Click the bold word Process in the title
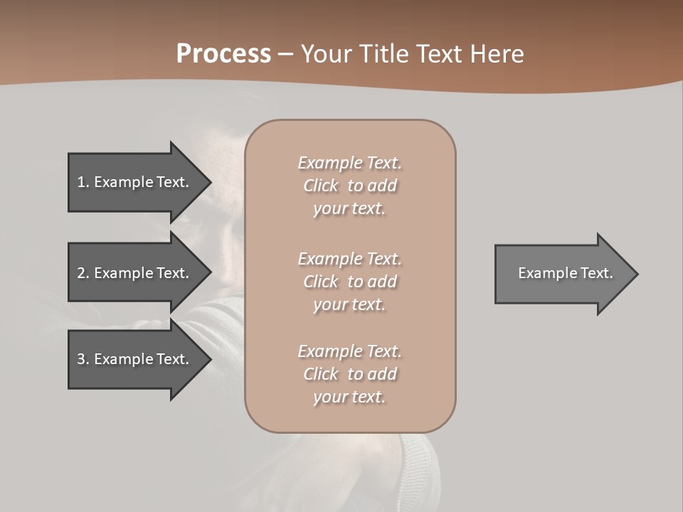click(223, 53)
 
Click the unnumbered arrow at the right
click(562, 273)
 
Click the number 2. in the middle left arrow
click(83, 273)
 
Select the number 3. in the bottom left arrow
click(83, 359)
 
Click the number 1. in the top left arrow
click(83, 182)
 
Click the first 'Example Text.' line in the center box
click(350, 163)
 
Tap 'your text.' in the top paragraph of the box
click(349, 209)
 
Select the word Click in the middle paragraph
click(320, 282)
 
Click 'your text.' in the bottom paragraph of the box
click(349, 397)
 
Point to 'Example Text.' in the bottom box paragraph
click(350, 351)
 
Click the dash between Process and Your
click(285, 54)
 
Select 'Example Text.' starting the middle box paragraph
click(350, 259)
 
